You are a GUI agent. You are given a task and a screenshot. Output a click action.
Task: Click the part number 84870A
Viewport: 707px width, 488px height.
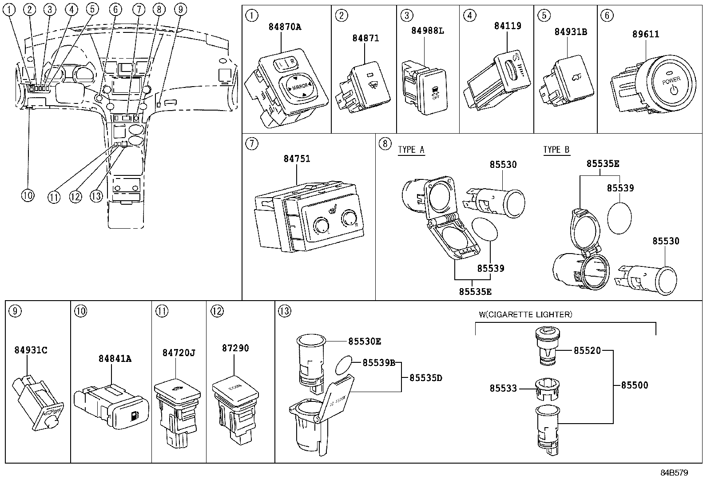click(284, 27)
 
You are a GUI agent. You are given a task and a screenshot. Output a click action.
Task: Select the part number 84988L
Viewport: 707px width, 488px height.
click(427, 31)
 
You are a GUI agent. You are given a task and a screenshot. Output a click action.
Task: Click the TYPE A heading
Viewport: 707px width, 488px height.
click(411, 150)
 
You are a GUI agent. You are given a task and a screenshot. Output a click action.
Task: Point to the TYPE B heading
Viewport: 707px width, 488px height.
click(556, 150)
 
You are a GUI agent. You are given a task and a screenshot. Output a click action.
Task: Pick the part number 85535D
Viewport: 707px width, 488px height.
click(425, 378)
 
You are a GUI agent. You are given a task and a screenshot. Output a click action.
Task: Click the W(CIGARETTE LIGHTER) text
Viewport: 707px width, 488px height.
click(525, 314)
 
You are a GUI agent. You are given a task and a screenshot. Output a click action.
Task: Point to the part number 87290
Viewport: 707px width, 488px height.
click(235, 348)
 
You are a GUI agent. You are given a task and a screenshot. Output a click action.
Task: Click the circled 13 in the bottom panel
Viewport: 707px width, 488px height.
click(284, 311)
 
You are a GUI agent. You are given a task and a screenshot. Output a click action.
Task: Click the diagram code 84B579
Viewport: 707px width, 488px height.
click(673, 473)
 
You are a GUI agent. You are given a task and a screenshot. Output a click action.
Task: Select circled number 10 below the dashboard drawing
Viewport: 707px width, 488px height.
click(28, 195)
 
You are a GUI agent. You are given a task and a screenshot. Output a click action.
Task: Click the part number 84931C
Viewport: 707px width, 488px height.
click(30, 350)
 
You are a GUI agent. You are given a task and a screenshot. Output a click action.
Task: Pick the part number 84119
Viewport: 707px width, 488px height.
click(508, 26)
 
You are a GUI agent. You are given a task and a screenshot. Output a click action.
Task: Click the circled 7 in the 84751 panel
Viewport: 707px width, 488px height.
click(251, 144)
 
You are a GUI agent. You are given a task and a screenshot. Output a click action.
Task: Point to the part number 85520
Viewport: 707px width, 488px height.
click(587, 350)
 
